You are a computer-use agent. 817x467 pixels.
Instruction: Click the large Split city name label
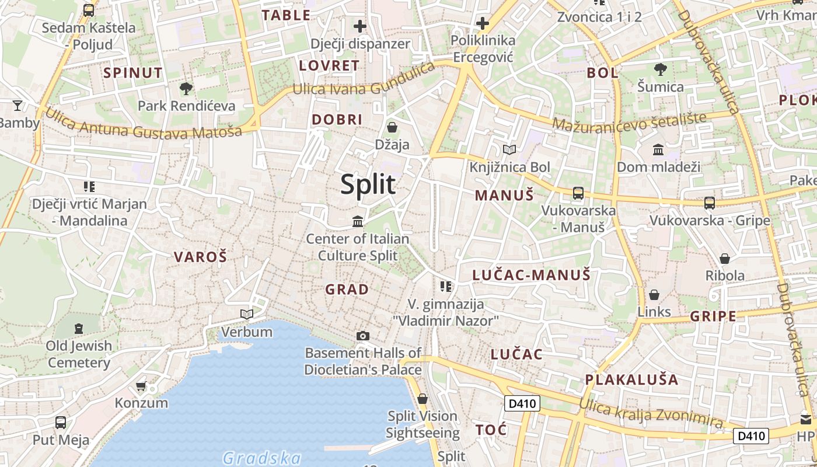(368, 184)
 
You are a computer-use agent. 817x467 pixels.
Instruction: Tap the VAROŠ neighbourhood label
(200, 257)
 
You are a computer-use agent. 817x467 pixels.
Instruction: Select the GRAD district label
(347, 289)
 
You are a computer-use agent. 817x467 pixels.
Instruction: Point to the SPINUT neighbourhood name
(133, 73)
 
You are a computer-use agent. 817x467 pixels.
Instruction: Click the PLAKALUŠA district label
(631, 379)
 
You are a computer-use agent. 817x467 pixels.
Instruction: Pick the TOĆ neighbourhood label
(491, 430)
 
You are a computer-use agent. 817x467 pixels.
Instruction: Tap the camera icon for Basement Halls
(363, 336)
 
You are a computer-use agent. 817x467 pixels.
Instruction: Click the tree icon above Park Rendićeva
(186, 89)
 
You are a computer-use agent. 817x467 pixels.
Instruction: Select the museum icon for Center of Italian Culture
(358, 221)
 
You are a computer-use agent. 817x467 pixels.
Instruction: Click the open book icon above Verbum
(247, 315)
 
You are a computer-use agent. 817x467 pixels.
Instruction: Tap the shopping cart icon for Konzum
(141, 386)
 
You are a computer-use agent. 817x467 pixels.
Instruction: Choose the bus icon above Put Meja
(61, 422)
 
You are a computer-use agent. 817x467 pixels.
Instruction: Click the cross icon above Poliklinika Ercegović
(483, 24)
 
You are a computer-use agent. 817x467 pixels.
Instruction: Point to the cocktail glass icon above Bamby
(18, 106)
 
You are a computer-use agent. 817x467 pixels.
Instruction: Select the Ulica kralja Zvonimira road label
(651, 412)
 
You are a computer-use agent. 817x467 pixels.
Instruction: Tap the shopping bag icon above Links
(654, 295)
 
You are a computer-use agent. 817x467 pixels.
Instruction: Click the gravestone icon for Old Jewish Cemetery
(79, 327)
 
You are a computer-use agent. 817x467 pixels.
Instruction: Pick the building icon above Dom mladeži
(658, 150)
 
